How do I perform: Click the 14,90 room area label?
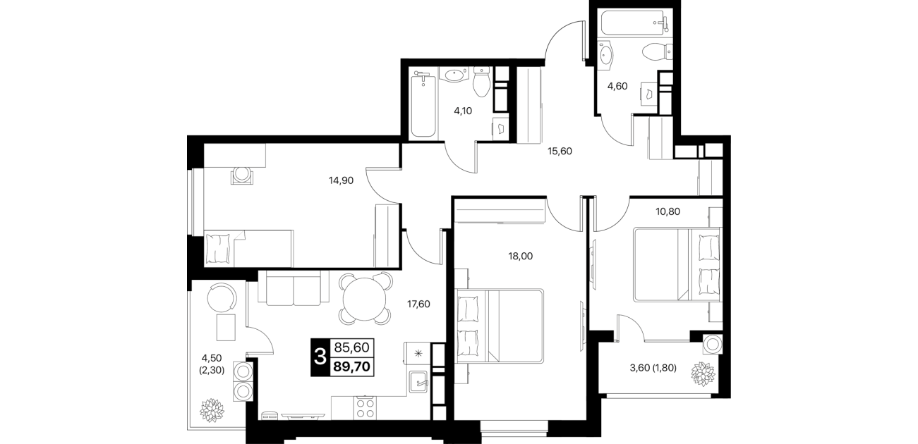(341, 180)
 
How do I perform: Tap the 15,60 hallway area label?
(560, 151)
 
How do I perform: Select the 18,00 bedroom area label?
(521, 256)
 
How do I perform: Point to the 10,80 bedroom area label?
(668, 211)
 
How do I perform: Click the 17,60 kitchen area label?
(418, 304)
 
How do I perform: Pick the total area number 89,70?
(351, 366)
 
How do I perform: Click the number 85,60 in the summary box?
(351, 347)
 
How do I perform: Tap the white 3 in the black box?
(320, 357)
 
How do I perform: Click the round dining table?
(365, 299)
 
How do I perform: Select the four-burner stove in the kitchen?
(365, 407)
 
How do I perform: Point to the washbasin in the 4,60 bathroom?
(605, 54)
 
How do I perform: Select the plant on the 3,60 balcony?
(703, 374)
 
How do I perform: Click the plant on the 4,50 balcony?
(212, 410)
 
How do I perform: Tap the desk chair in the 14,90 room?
(242, 175)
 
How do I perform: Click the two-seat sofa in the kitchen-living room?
(294, 290)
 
